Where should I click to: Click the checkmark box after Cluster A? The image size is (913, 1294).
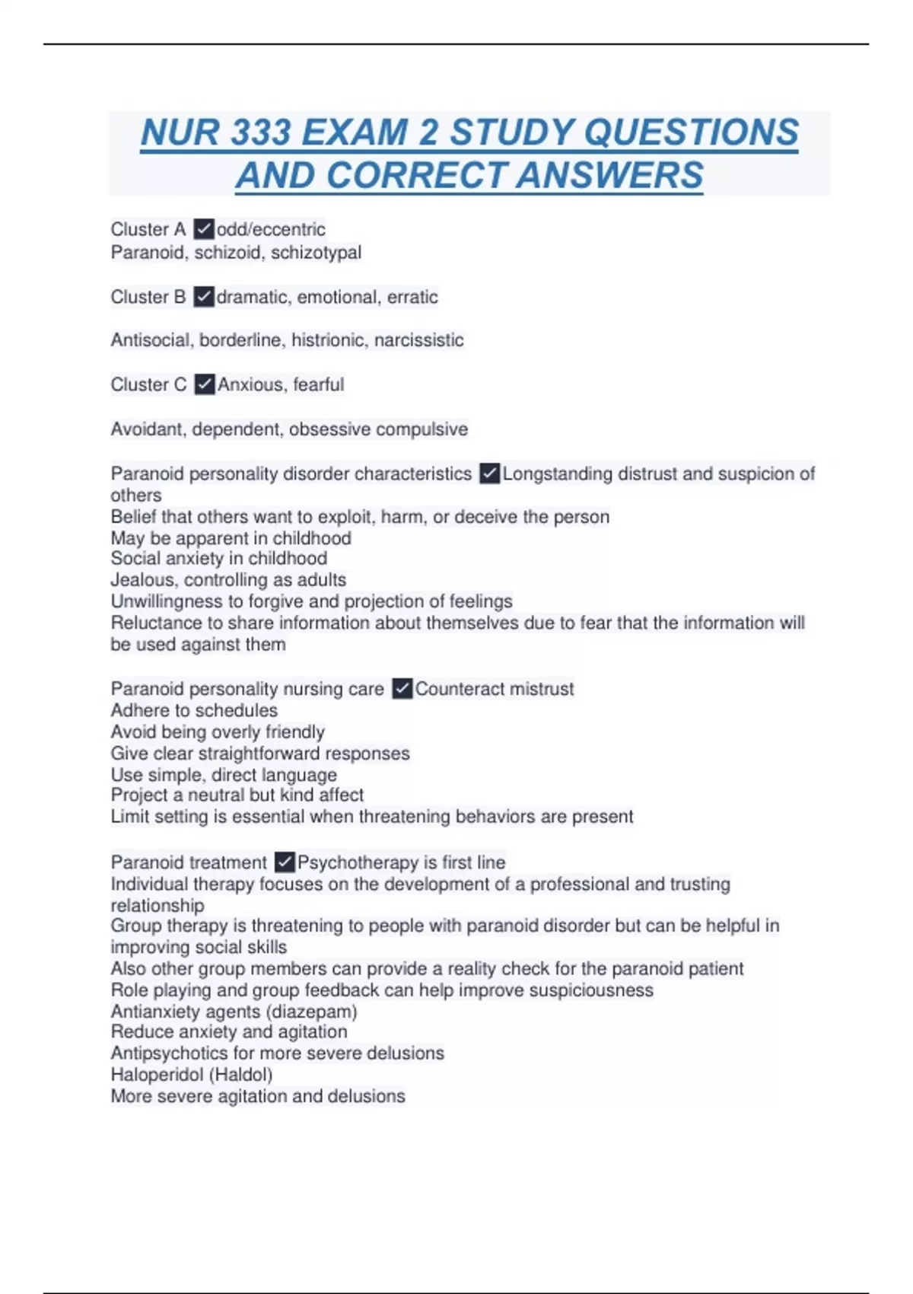(203, 229)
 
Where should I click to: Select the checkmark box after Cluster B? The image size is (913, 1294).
(203, 297)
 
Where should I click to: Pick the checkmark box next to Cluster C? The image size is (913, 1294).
(204, 384)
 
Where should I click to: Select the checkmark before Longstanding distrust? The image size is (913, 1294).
(489, 473)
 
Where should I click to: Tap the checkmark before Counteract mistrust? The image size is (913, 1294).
(402, 689)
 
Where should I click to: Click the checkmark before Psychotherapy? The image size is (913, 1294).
(284, 862)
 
